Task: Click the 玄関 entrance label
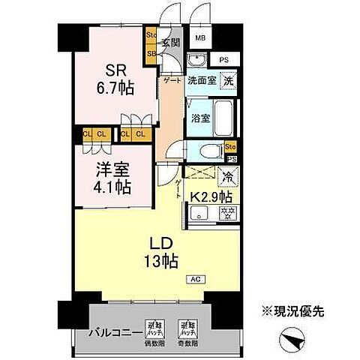[x=170, y=43]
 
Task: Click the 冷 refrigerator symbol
[x=226, y=176]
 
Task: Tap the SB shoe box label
[x=151, y=53]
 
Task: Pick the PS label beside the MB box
[x=223, y=58]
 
